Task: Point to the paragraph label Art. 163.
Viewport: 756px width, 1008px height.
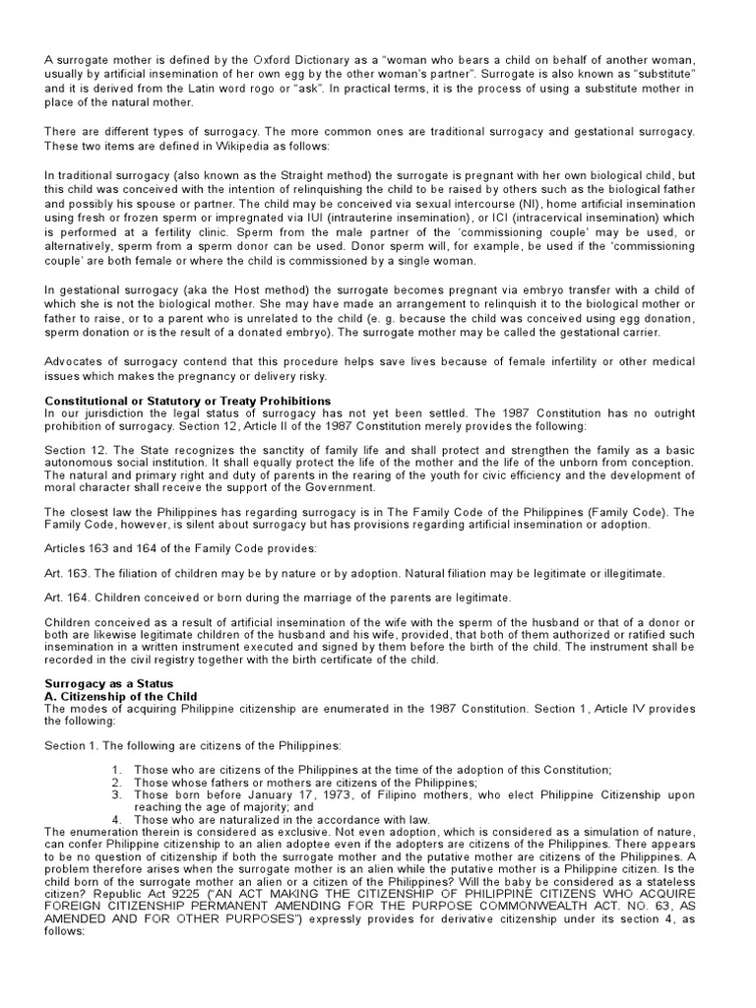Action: point(65,573)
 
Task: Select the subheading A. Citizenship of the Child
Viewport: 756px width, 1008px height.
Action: point(121,696)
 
